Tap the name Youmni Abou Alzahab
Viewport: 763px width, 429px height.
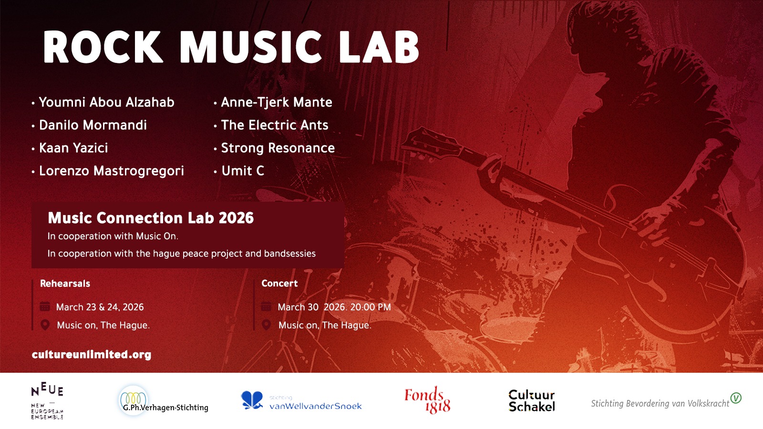[107, 102]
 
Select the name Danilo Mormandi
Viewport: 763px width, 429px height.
[93, 125]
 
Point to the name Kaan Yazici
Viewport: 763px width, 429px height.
[73, 148]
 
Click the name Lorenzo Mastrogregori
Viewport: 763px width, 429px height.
[112, 171]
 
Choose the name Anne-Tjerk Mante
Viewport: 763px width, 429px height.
[277, 102]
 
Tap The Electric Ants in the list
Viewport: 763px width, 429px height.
[275, 125]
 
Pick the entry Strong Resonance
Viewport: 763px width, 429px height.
[278, 148]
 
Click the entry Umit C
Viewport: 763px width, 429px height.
[243, 171]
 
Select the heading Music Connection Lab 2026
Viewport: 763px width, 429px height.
[151, 218]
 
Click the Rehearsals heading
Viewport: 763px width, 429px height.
[65, 284]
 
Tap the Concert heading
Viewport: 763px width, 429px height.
[279, 283]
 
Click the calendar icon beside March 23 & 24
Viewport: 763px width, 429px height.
[45, 306]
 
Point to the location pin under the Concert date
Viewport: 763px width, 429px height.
[267, 325]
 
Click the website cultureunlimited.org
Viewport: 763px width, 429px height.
[92, 355]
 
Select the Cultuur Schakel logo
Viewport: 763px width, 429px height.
[532, 400]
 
